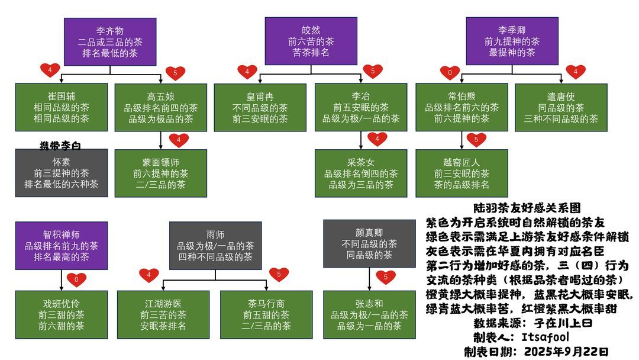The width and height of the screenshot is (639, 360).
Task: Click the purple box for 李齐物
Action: point(110,41)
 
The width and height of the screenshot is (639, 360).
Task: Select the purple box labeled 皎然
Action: point(311,41)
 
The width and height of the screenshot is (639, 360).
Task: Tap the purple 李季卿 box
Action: point(512,41)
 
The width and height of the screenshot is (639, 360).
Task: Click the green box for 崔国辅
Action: point(62,107)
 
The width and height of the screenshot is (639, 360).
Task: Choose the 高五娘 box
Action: point(161,107)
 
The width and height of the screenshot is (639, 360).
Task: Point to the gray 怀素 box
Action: point(62,173)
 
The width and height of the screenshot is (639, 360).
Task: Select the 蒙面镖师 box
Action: point(161,173)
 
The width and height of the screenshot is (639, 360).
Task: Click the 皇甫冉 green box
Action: point(260,107)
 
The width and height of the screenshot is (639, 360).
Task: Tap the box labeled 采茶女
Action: point(361,173)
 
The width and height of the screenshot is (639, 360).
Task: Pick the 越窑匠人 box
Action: point(461,173)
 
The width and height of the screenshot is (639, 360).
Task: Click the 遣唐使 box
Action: point(561,107)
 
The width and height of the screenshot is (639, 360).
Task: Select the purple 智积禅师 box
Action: point(62,246)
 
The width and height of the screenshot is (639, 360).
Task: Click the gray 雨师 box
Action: point(215,246)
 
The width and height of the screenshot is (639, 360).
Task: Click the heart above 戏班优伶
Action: point(76,279)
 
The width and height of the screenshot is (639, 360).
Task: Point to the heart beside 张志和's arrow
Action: point(385,277)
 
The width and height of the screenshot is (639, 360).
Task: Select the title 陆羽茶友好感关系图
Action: point(527,208)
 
